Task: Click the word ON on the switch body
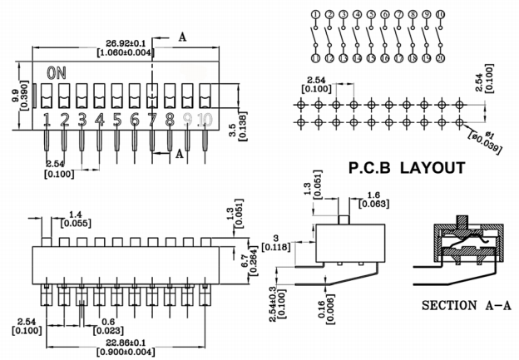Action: tap(57, 73)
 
